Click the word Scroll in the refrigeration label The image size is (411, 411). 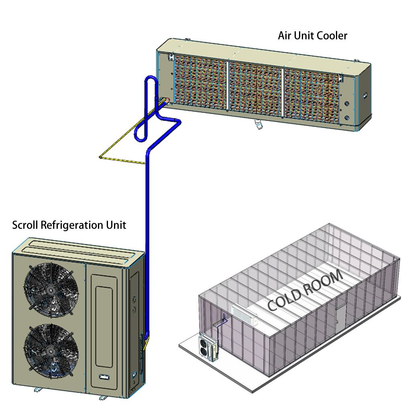[25, 225]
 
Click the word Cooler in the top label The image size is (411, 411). [332, 35]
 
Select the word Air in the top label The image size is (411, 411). [285, 35]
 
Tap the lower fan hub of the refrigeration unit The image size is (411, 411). [51, 350]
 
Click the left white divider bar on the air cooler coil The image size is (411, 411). [228, 86]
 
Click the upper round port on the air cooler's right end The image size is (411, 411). [348, 104]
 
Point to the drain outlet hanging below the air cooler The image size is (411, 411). [258, 126]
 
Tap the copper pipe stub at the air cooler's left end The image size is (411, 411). [164, 102]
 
